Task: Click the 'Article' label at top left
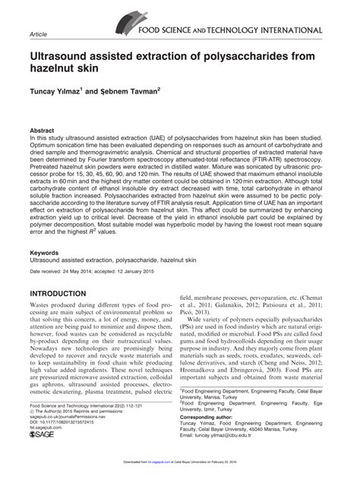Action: coord(37,34)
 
